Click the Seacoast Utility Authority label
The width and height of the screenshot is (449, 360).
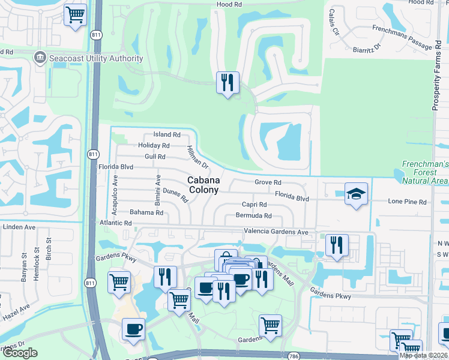97,58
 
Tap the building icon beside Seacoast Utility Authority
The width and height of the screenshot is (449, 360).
41,58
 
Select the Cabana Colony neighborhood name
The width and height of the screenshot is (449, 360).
204,185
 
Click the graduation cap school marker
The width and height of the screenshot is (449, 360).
357,194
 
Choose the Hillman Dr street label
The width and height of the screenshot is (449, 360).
196,157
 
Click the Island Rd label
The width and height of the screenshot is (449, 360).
167,135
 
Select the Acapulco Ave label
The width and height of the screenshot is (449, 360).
116,190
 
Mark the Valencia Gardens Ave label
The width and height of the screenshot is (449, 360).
276,232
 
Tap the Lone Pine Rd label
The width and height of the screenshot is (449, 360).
407,202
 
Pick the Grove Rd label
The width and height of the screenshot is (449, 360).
268,182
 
